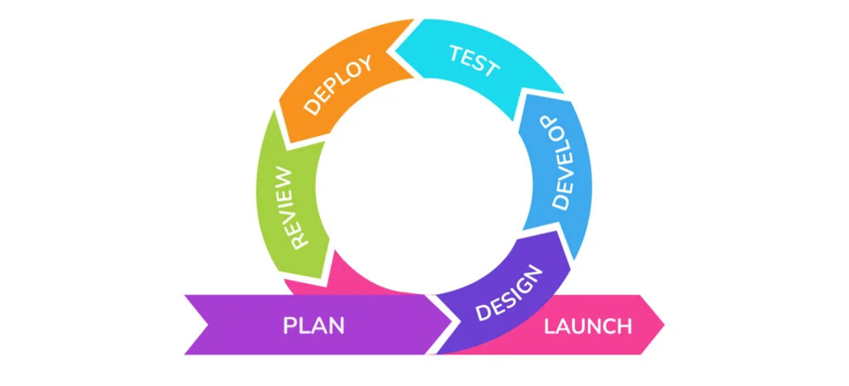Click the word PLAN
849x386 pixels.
(x=313, y=325)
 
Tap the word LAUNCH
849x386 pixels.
(x=587, y=326)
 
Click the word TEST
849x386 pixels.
(x=474, y=60)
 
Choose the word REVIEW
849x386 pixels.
(x=291, y=206)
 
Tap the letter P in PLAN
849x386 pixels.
(x=289, y=325)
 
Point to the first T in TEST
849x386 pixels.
(x=456, y=53)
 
